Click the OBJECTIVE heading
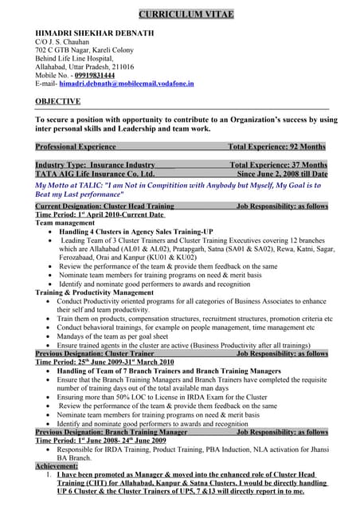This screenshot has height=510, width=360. coord(58,102)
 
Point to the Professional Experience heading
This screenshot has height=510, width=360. coord(76,147)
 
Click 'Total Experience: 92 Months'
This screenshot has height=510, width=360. coord(276,147)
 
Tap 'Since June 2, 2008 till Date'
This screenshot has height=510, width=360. coord(282,174)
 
